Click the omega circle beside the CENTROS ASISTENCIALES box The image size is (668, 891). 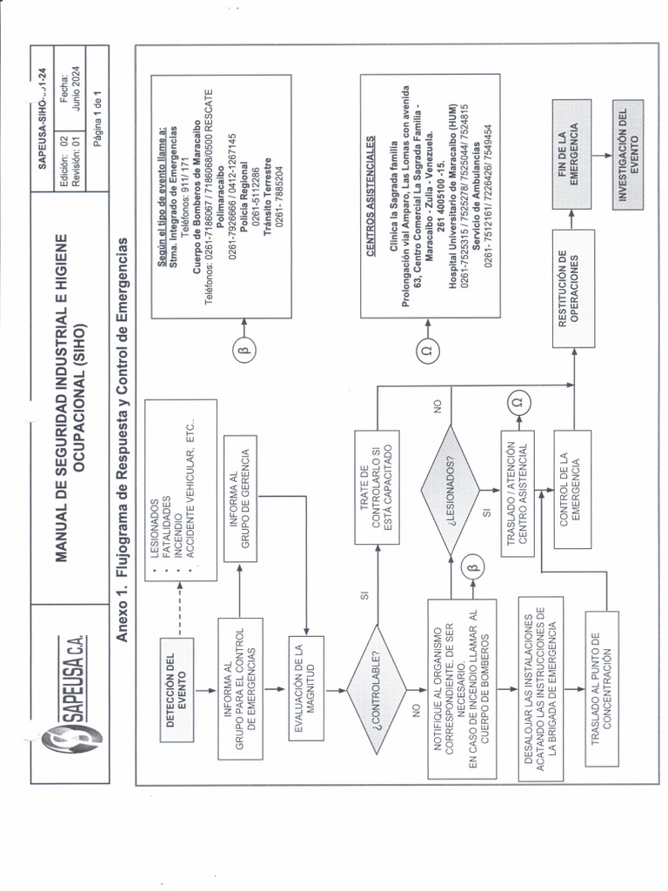(426, 352)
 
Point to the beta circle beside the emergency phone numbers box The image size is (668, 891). (243, 351)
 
